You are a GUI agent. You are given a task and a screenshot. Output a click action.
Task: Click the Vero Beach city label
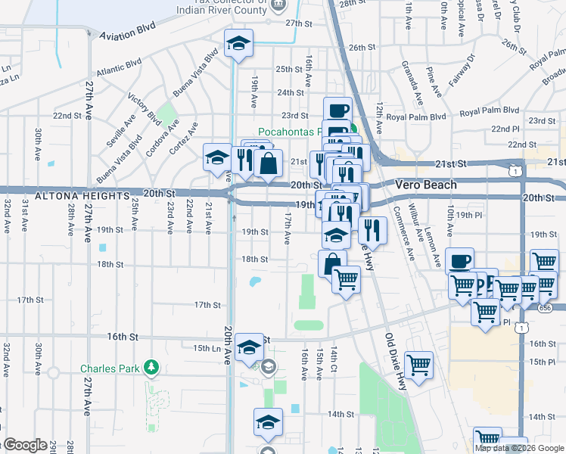(427, 185)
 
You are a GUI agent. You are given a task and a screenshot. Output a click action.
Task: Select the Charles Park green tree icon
(152, 367)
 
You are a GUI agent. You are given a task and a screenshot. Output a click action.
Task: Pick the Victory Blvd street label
(145, 110)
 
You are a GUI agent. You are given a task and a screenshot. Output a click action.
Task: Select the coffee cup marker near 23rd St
(338, 110)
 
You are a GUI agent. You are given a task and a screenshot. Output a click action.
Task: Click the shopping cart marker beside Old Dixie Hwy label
(418, 365)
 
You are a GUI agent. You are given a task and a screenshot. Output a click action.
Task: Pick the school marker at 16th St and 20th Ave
(249, 347)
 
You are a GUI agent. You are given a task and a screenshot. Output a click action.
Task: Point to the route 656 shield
(546, 308)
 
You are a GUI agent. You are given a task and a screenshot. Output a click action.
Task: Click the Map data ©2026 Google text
(519, 448)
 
